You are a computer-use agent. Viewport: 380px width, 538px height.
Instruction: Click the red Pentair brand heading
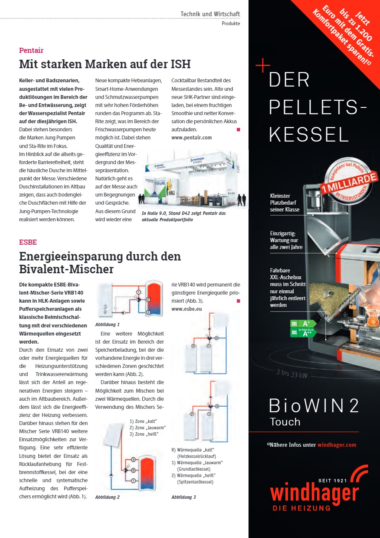coord(31,50)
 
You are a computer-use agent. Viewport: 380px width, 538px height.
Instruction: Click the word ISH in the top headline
coord(179,64)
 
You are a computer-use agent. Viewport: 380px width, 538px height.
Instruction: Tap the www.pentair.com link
coord(191,138)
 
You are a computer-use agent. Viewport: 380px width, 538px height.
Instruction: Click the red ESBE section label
coord(28,242)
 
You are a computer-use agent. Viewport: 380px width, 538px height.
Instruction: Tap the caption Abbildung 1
coord(107,324)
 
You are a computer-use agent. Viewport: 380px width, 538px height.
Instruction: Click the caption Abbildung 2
coord(107,497)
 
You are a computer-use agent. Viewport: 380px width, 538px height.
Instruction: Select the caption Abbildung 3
coord(184,497)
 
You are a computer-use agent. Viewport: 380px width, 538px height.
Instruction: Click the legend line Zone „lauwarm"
coord(147,428)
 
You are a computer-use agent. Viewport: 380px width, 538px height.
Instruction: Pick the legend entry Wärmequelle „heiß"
coord(194,475)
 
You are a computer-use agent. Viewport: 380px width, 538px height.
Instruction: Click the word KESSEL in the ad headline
coord(309,135)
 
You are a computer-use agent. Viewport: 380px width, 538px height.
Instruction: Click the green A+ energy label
coord(304,324)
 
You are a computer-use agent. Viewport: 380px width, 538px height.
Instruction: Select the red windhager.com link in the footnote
coord(337,445)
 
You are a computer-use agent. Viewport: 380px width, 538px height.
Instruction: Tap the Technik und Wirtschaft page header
coord(210,14)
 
